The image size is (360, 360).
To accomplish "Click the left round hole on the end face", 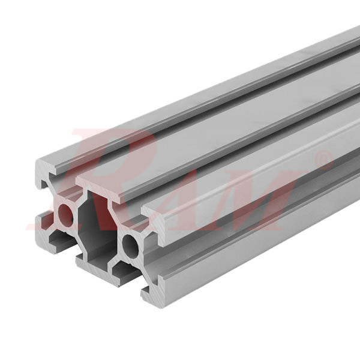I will click(x=65, y=215).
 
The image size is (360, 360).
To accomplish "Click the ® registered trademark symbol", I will click(x=325, y=160).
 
